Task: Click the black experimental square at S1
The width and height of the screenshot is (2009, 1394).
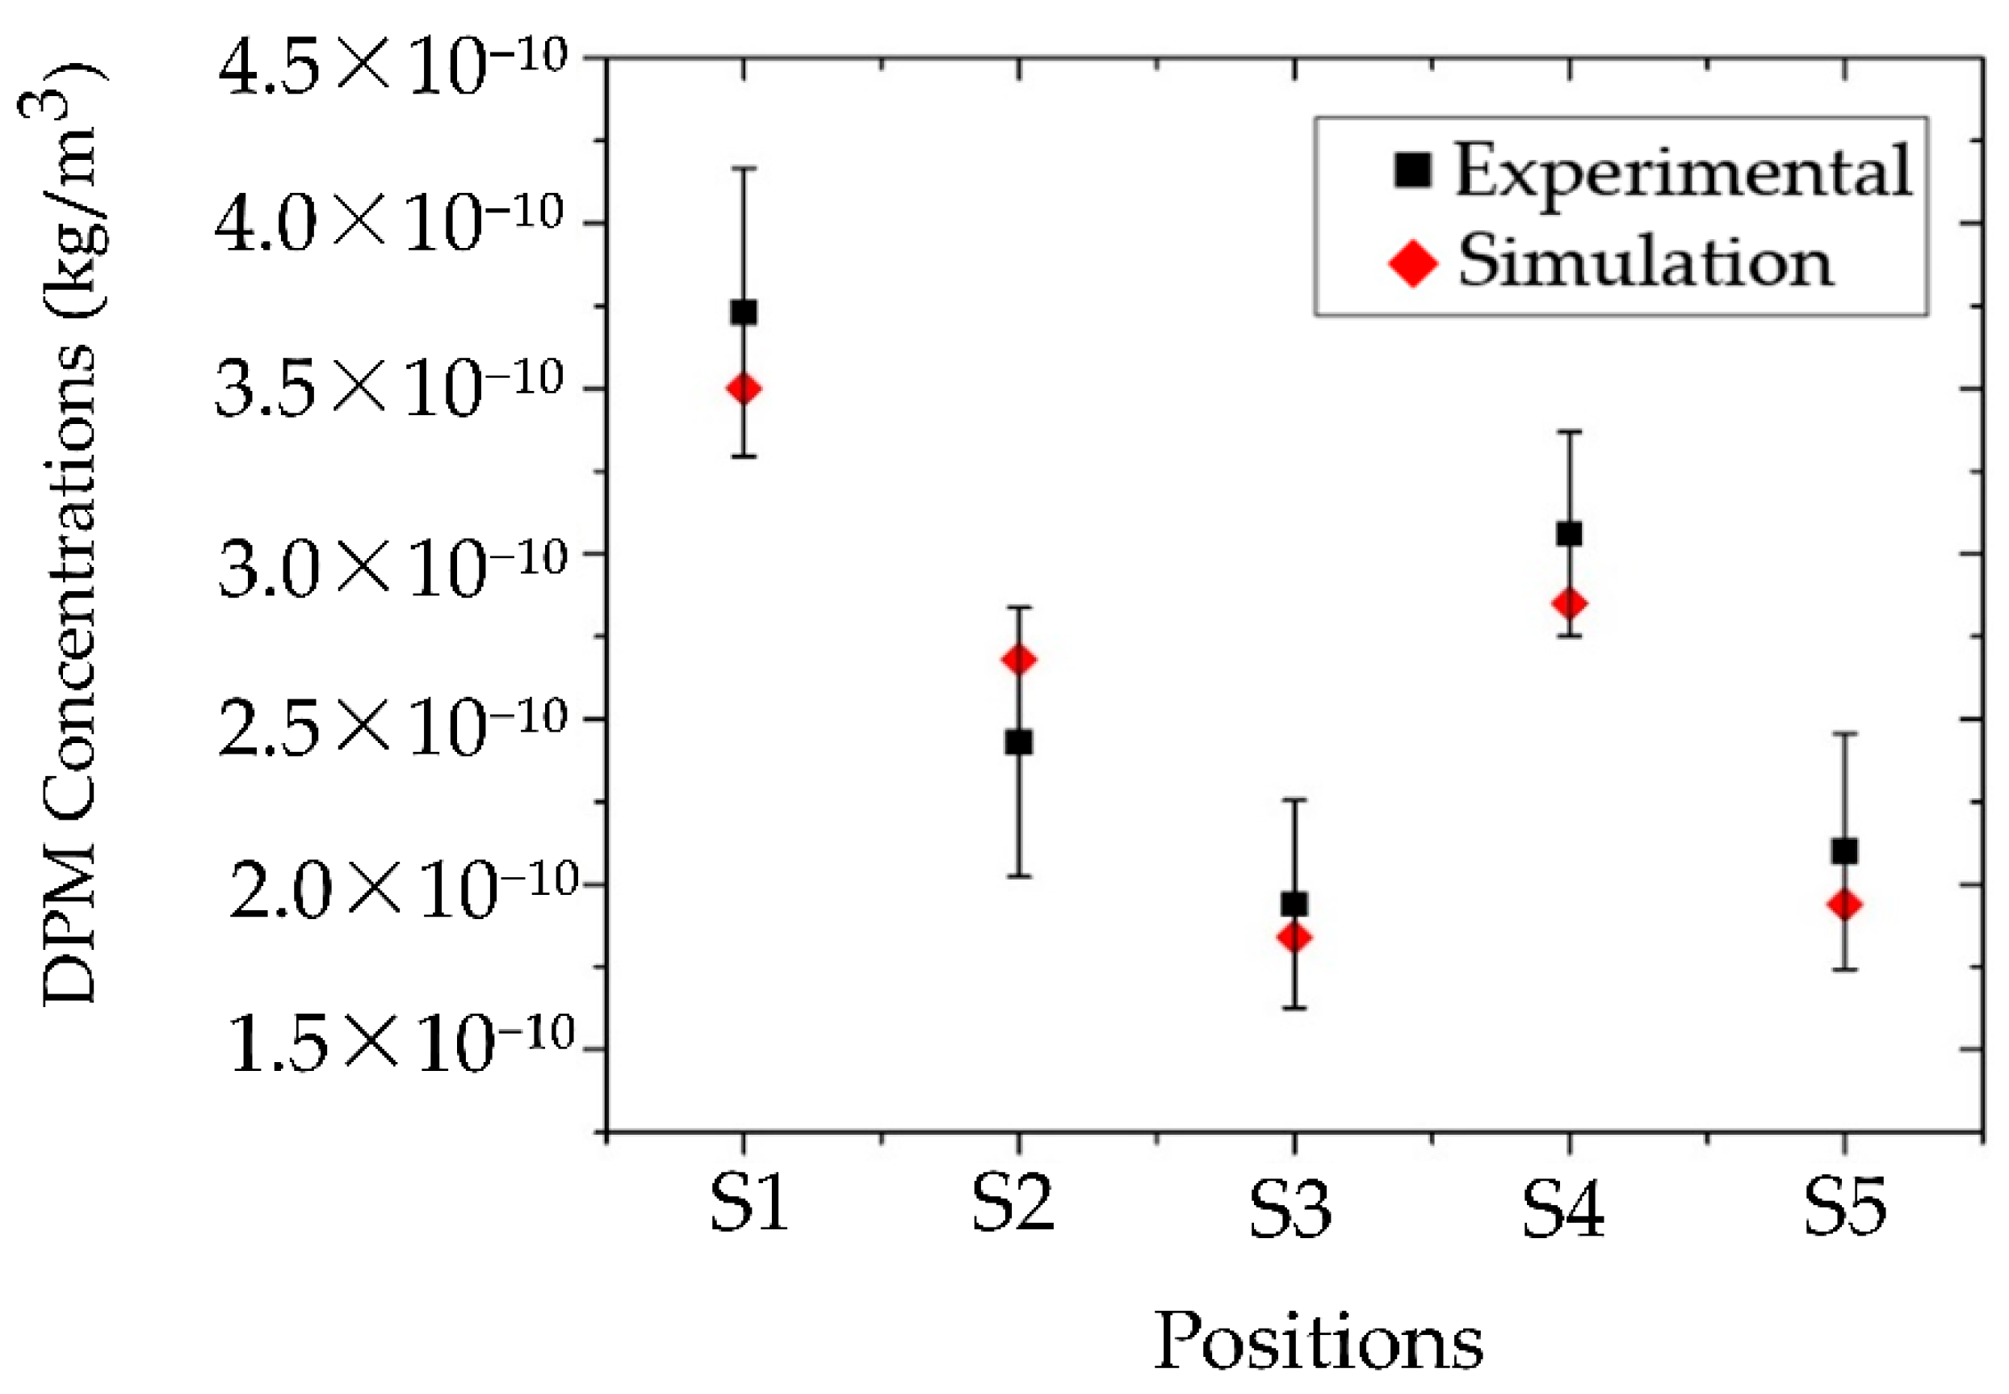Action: [x=743, y=312]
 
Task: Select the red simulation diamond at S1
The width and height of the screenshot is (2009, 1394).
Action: [x=743, y=388]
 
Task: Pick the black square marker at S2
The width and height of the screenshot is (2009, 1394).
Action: [x=1019, y=742]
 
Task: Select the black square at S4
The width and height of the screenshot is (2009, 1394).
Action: [x=1569, y=534]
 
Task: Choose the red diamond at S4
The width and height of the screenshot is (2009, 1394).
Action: [x=1569, y=603]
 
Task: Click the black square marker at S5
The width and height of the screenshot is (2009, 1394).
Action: [x=1844, y=850]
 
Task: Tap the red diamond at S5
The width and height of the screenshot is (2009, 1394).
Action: [x=1844, y=905]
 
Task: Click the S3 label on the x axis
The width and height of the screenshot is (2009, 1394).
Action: [x=1290, y=1210]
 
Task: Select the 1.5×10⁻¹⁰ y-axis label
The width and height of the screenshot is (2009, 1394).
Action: [x=400, y=1041]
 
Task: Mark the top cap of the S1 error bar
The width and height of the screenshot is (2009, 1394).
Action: [x=743, y=168]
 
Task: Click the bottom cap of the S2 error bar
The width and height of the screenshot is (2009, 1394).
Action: [x=1019, y=875]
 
